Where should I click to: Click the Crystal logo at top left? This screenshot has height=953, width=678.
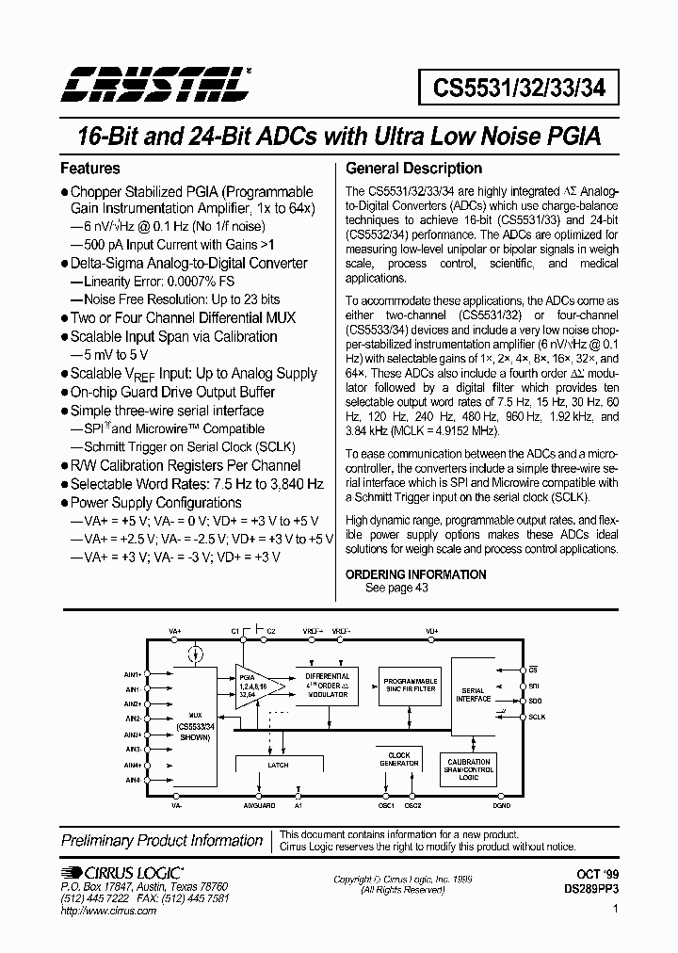pos(155,85)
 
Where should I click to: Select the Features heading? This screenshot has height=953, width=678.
pos(90,170)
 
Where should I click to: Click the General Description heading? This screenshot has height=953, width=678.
pos(414,170)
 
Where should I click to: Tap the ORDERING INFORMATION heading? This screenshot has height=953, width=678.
pos(416,574)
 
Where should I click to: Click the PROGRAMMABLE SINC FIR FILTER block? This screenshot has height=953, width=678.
pos(408,685)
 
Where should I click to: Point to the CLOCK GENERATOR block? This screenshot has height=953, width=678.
pos(400,759)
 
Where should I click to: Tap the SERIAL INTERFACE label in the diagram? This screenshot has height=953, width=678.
pos(474,695)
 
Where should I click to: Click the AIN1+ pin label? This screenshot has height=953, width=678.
pos(133,674)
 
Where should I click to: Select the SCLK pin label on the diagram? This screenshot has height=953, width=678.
pos(537,717)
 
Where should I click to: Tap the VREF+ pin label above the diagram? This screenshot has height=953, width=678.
pos(314,630)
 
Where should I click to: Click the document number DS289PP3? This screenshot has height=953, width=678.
pos(590,888)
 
